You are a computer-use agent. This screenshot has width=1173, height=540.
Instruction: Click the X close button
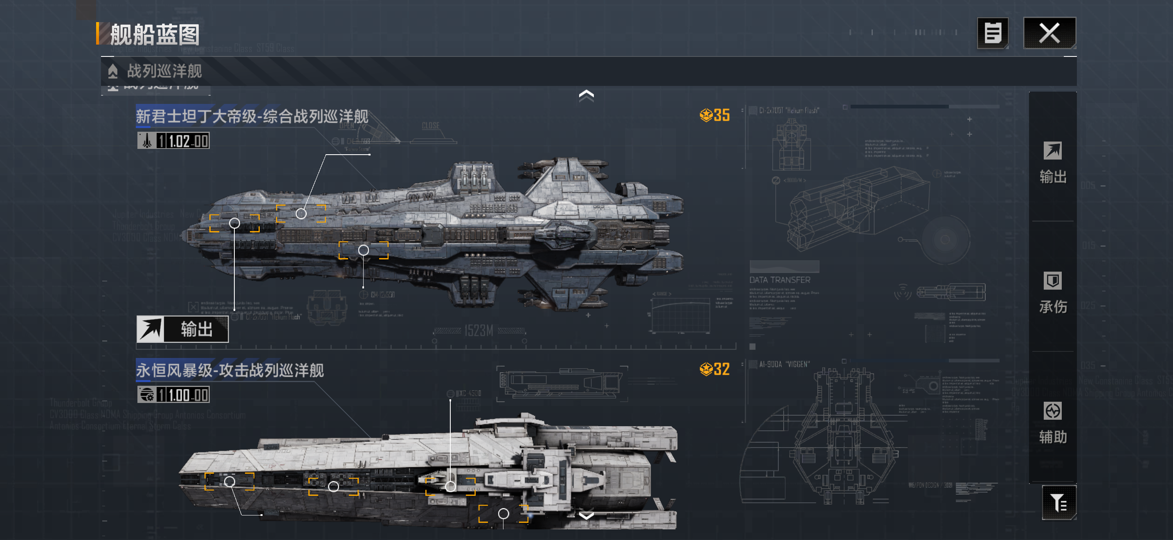pyautogui.click(x=1049, y=33)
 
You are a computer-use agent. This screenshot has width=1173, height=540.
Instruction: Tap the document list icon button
pyautogui.click(x=992, y=33)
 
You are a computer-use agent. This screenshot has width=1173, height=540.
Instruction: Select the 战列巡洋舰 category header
pyautogui.click(x=164, y=71)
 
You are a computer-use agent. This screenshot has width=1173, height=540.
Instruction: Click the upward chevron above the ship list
pyautogui.click(x=586, y=95)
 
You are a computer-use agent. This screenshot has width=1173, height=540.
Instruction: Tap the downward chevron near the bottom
pyautogui.click(x=586, y=515)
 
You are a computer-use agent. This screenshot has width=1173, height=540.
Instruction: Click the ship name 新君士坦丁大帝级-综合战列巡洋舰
pyautogui.click(x=252, y=116)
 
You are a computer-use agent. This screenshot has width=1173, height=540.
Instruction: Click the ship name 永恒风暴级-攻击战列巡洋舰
pyautogui.click(x=230, y=370)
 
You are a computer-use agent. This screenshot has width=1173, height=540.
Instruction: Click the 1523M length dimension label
pyautogui.click(x=479, y=331)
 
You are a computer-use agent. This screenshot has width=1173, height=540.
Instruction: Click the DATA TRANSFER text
pyautogui.click(x=780, y=280)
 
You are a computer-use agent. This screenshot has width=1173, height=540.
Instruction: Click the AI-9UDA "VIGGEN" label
pyautogui.click(x=784, y=364)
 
